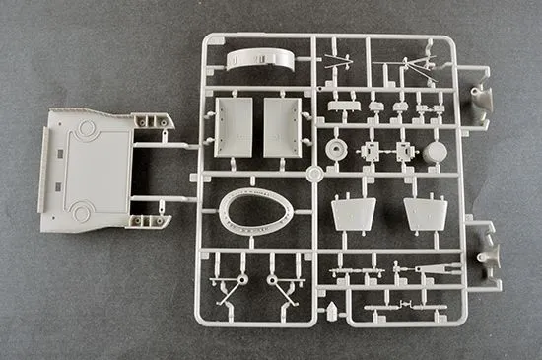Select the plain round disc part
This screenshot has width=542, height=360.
pos(434,152)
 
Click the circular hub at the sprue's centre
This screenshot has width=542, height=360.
pos(313,175)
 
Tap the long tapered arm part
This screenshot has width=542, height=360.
pos(434,267)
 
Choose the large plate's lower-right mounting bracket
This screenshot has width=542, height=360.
pos(158,207)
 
